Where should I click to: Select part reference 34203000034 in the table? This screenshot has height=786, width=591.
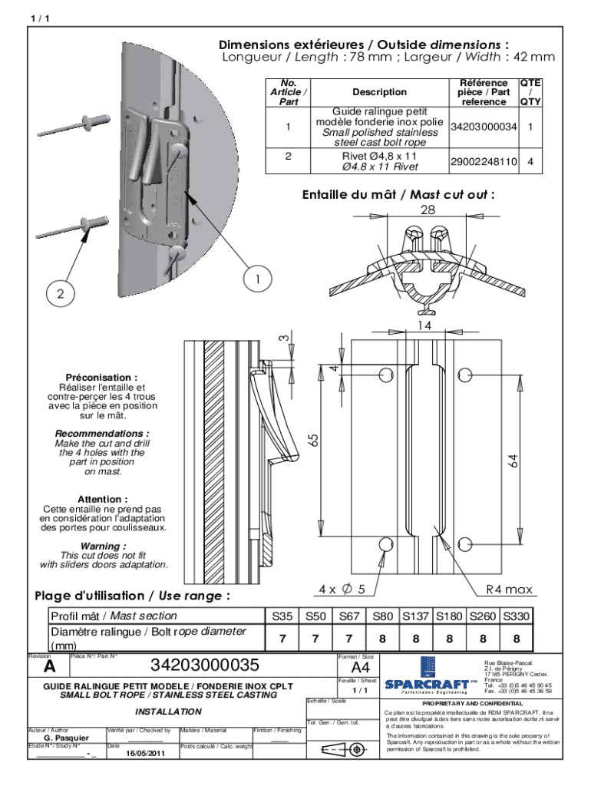[484, 126]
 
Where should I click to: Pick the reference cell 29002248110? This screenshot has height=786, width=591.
[484, 162]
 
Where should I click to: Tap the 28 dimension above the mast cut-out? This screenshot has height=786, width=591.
[428, 210]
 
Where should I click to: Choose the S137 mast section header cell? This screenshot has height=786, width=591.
[414, 616]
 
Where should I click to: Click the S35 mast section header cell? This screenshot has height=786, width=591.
[282, 616]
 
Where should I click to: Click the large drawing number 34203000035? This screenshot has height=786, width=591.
[204, 665]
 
